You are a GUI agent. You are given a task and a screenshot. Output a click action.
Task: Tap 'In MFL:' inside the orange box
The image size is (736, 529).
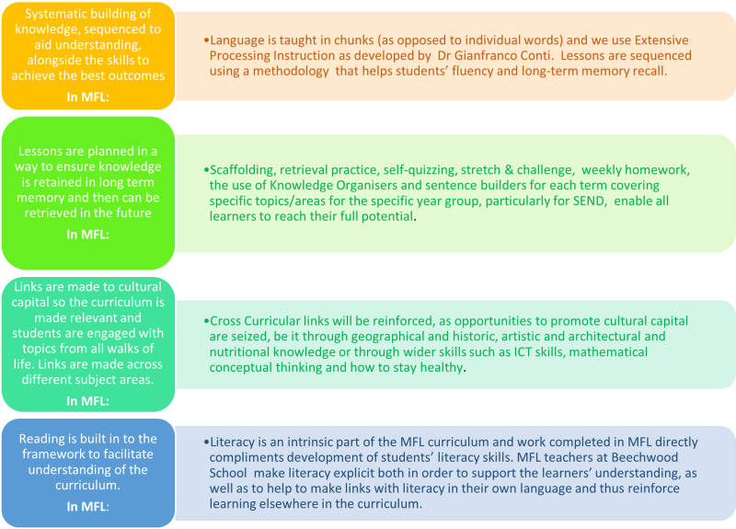(87, 98)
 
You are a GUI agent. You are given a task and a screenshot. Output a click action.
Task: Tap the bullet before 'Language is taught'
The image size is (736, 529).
(206, 40)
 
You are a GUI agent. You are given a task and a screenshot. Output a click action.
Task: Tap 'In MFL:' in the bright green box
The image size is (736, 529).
(87, 235)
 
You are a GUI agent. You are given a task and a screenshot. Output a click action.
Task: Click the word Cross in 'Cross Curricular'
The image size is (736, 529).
(225, 321)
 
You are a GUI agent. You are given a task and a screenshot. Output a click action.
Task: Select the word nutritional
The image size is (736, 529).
(239, 352)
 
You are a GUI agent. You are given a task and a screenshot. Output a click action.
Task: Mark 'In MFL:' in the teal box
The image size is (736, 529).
(87, 401)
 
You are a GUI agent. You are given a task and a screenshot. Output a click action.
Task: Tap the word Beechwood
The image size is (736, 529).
(638, 457)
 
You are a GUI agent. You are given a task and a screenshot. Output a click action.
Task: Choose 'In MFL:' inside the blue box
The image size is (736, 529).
(87, 507)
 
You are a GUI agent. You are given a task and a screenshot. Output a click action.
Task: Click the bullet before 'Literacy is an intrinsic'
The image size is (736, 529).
(206, 443)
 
